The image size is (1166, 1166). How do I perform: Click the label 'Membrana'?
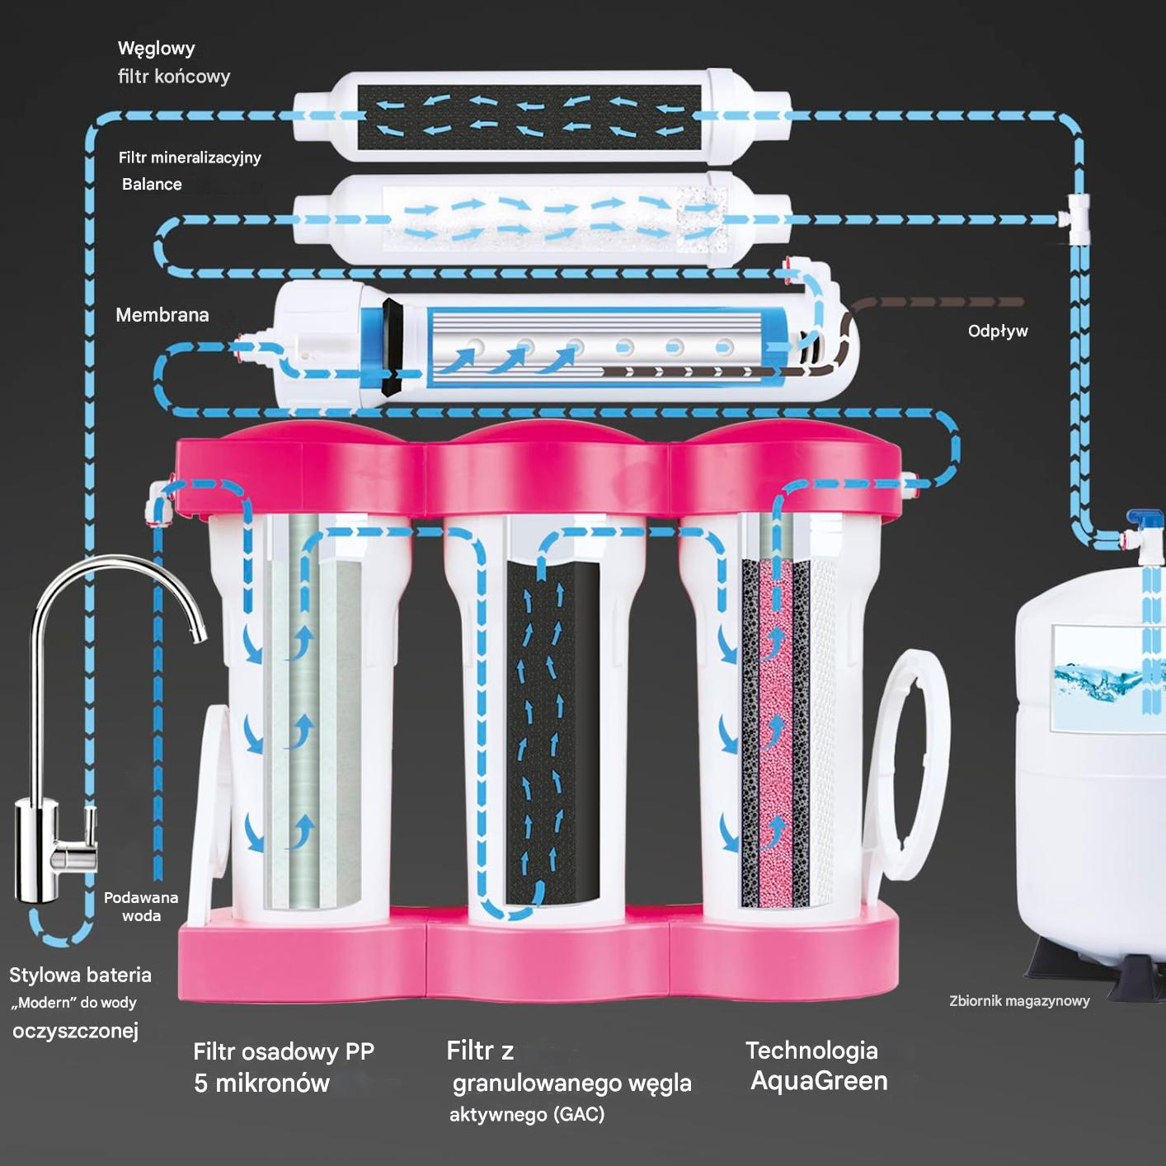162,315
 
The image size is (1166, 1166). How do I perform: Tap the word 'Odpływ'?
998,331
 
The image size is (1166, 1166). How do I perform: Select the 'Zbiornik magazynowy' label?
1019,1001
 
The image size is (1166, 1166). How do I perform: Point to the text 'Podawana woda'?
141,906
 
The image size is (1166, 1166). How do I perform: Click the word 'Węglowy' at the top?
157,49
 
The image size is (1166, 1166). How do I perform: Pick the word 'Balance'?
152,184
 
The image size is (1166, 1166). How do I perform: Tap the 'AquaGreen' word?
819,1081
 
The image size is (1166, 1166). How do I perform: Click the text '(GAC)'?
580,1115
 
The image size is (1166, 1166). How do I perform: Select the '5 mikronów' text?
261,1084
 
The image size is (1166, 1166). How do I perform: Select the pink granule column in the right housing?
774,734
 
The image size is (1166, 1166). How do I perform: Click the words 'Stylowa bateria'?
80,976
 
